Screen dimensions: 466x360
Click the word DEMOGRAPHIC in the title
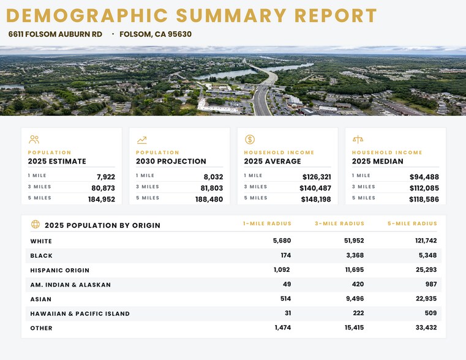click(x=87, y=15)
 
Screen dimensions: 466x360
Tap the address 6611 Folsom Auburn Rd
click(x=55, y=34)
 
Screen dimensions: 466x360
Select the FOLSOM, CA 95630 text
click(x=156, y=34)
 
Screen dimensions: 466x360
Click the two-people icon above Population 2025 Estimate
click(x=34, y=140)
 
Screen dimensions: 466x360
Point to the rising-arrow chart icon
click(x=142, y=140)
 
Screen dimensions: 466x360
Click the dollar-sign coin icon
click(x=250, y=140)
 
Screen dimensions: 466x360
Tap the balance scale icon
click(x=358, y=139)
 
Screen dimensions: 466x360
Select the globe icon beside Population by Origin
click(x=36, y=224)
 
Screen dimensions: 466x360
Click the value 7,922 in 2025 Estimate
click(x=106, y=177)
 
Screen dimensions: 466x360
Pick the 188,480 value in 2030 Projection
click(x=209, y=200)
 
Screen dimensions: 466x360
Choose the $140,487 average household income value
click(x=315, y=188)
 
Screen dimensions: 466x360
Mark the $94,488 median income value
click(x=424, y=177)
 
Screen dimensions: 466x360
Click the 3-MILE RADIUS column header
click(x=339, y=223)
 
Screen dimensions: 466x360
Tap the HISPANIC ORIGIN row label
click(x=60, y=270)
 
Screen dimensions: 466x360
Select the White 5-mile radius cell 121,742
click(x=426, y=241)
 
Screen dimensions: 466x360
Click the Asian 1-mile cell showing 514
click(x=285, y=299)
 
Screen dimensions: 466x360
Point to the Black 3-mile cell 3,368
click(x=355, y=255)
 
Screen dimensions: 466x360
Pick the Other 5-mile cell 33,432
click(x=426, y=328)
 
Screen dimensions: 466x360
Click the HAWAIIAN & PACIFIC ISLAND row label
click(x=80, y=313)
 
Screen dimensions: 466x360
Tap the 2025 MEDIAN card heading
click(x=377, y=161)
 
